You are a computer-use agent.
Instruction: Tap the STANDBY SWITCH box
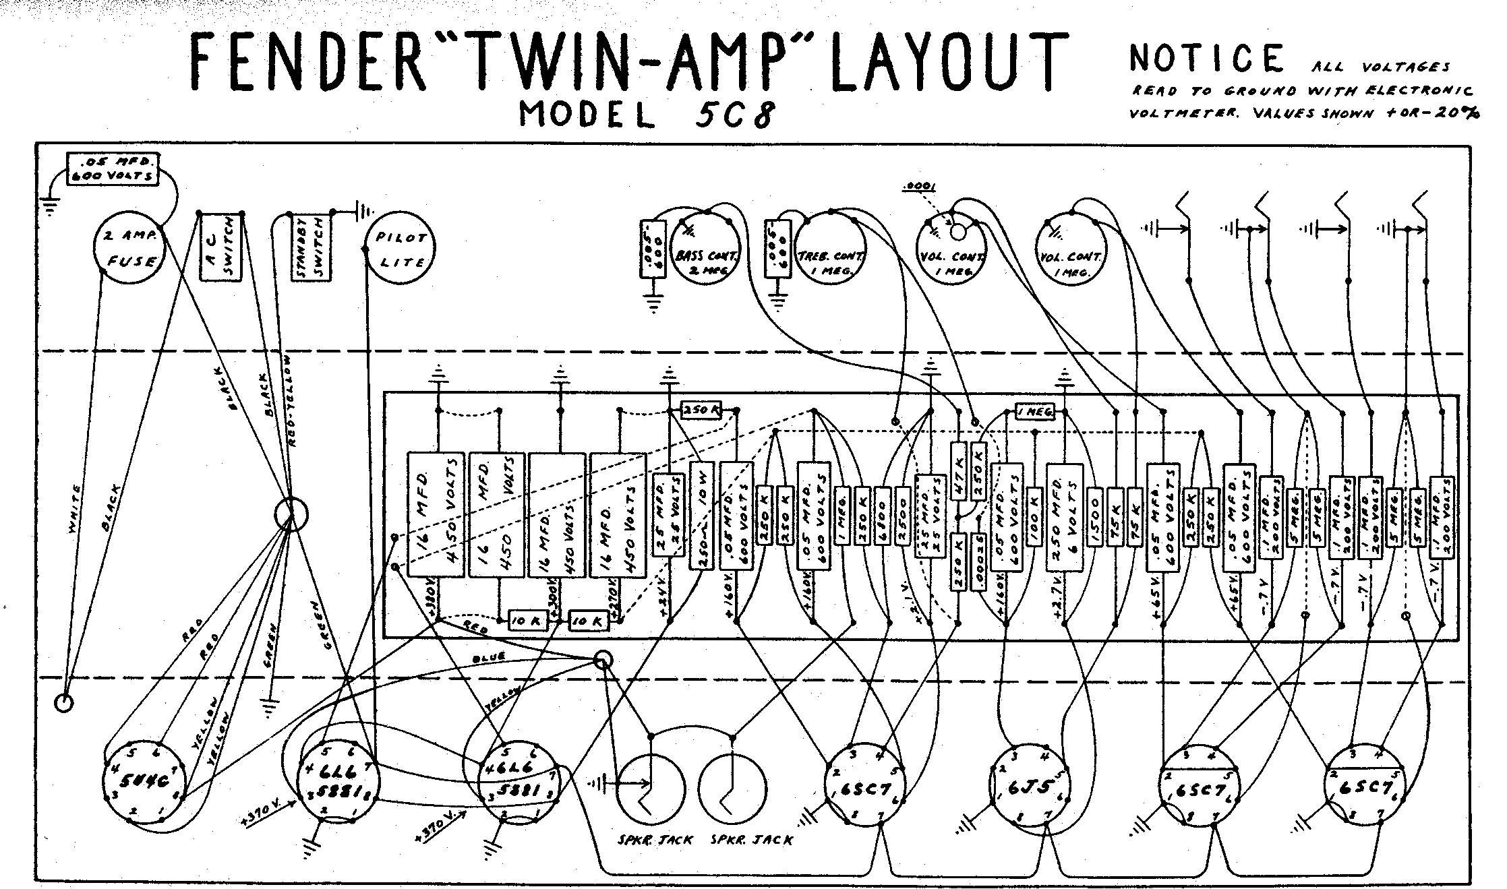point(309,248)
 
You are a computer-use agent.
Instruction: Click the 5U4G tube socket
point(144,783)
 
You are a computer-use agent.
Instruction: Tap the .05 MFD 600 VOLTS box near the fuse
point(113,168)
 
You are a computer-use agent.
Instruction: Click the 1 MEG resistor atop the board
point(1034,411)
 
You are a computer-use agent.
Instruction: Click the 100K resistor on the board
point(1033,516)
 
